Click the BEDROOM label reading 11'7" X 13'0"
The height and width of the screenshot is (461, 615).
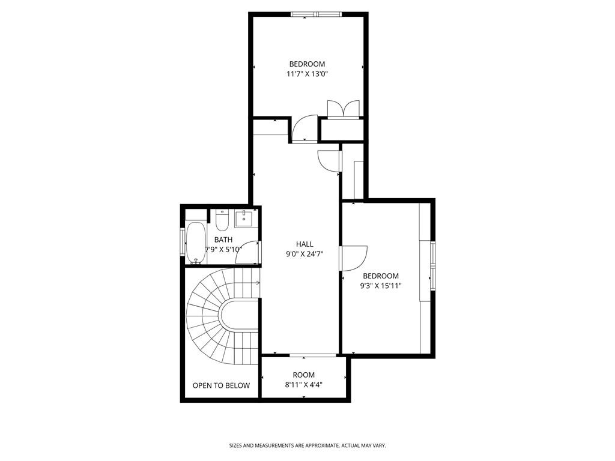307,64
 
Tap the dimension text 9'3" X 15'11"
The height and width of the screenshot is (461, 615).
381,286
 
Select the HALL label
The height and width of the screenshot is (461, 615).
304,244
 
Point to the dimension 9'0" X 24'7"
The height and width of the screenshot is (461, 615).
304,254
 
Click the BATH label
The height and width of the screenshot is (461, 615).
223,240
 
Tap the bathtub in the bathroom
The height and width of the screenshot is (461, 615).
195,243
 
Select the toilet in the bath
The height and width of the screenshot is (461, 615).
221,221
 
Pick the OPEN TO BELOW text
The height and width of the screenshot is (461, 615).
221,385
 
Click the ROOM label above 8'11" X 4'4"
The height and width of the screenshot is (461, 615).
303,375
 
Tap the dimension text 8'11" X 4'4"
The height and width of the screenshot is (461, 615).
303,385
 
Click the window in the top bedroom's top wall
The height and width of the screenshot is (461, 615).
316,14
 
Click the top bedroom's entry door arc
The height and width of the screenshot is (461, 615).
304,127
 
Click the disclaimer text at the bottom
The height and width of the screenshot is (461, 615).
307,446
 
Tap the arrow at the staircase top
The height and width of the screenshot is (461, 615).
257,283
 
